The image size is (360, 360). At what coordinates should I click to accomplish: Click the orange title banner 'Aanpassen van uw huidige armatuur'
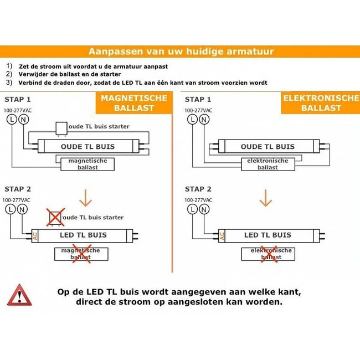pyautogui.click(x=180, y=52)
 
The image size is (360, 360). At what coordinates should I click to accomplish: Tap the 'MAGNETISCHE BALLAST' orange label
pyautogui.click(x=133, y=102)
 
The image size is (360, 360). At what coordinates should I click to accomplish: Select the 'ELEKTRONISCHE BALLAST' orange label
pyautogui.click(x=321, y=102)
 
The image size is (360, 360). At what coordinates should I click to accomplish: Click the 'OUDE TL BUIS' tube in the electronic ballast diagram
pyautogui.click(x=268, y=146)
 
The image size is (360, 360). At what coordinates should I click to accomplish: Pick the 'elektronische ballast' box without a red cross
pyautogui.click(x=268, y=163)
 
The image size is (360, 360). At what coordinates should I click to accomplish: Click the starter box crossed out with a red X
pyautogui.click(x=55, y=217)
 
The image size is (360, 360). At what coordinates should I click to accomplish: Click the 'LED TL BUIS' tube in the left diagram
pyautogui.click(x=83, y=235)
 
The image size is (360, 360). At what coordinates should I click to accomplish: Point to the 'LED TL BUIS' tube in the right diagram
pyautogui.click(x=268, y=235)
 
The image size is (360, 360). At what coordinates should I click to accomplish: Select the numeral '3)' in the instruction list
pyautogui.click(x=9, y=82)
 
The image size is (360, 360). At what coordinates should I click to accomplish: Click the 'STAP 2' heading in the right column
pyautogui.click(x=198, y=189)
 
